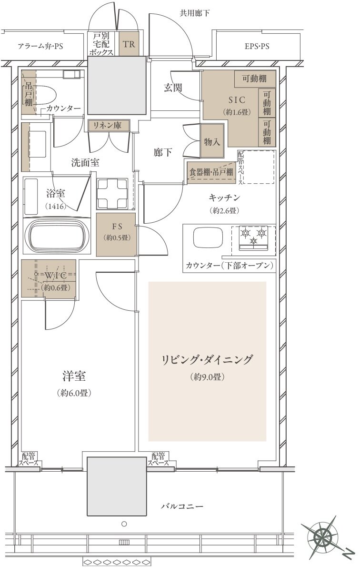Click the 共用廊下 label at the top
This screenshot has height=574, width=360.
[x=195, y=13]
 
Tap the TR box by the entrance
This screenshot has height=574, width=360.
[x=129, y=44]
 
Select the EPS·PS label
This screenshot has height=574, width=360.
[x=257, y=46]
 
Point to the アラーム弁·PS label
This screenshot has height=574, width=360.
[x=40, y=46]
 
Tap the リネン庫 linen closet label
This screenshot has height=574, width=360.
[x=108, y=125]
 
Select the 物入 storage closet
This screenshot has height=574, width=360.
[x=212, y=141]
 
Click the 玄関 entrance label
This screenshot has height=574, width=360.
[x=173, y=88]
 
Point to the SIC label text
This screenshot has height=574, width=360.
[x=237, y=99]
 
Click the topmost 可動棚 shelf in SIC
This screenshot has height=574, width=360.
[x=255, y=79]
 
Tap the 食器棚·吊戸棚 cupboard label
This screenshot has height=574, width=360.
[x=211, y=172]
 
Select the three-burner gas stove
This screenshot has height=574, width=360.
[x=254, y=238]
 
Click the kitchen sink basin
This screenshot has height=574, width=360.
[x=208, y=238]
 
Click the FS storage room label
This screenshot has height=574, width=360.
[x=117, y=227]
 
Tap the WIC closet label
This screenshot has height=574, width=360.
[x=56, y=275]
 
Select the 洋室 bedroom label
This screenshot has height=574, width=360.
[x=74, y=376]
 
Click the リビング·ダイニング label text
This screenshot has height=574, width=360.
[x=207, y=360]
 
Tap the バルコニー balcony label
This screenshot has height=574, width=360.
[x=182, y=506]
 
